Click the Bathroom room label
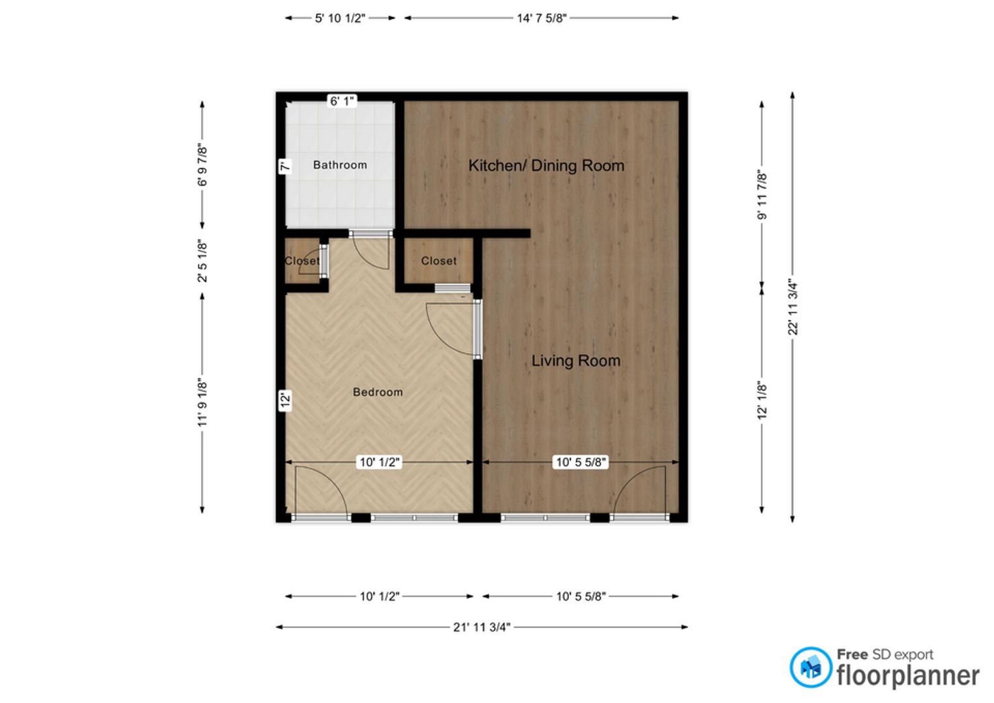(x=340, y=165)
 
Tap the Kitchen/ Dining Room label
(x=546, y=165)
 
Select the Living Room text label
(x=576, y=361)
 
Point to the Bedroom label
(x=378, y=392)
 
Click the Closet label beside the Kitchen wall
(x=439, y=261)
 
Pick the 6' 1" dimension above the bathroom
(x=342, y=101)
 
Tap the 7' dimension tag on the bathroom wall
(x=285, y=166)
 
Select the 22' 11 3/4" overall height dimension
(x=793, y=307)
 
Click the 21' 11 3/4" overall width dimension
(x=482, y=627)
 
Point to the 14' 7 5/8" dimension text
(x=542, y=18)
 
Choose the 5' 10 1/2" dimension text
(x=340, y=18)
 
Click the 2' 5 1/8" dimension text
(x=202, y=261)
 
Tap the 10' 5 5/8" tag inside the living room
(x=581, y=462)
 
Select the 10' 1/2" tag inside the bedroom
(x=380, y=462)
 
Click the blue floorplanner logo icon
(x=810, y=667)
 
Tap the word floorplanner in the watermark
(x=908, y=676)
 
